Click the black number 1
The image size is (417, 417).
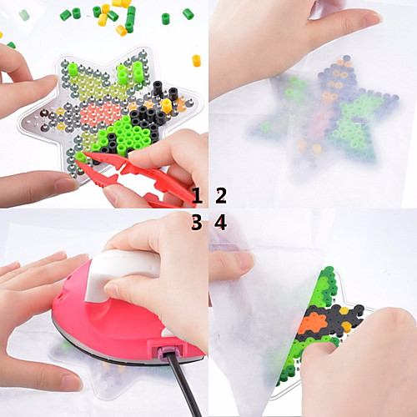click(x=197, y=195)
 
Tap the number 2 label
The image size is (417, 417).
click(x=221, y=195)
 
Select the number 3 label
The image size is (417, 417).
click(x=197, y=222)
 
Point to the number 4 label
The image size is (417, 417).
click(x=221, y=222)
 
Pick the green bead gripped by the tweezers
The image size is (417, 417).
click(x=80, y=157)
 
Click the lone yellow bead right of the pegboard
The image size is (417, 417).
click(x=197, y=61)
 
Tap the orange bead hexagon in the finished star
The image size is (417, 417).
click(x=310, y=324)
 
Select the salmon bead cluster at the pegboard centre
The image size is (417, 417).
click(x=101, y=111)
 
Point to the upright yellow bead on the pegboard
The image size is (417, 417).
click(x=166, y=106)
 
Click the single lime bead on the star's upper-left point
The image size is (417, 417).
click(x=73, y=69)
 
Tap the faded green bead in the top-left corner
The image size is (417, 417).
click(x=24, y=15)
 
